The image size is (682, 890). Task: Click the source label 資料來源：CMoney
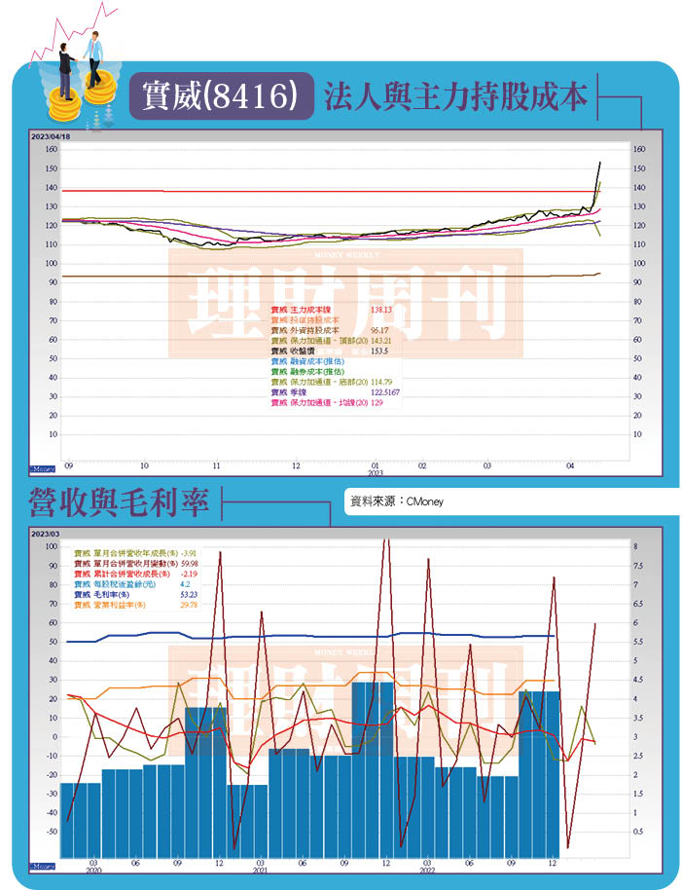397,501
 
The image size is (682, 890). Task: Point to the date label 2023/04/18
51,137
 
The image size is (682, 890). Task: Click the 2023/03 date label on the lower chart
45,535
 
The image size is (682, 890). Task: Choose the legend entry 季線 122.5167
336,392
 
